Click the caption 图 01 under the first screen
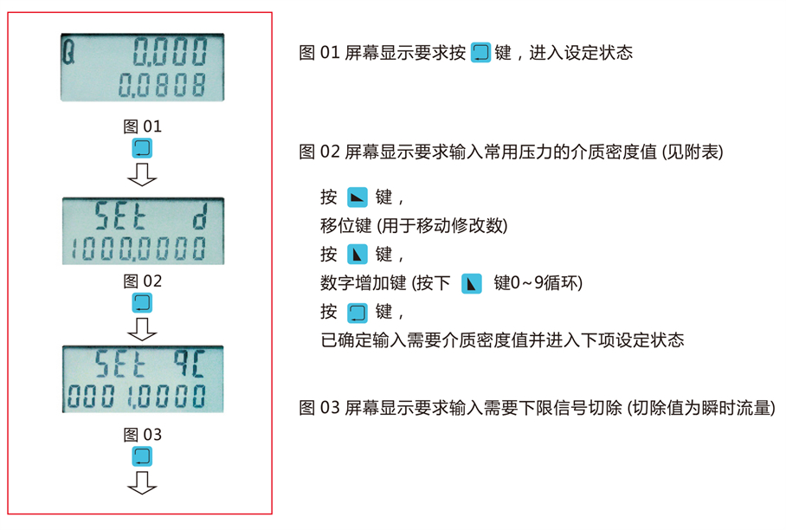(142, 126)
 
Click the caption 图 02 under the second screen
(142, 281)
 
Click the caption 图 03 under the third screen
(142, 434)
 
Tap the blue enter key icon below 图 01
(142, 148)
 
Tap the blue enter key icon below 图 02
(142, 302)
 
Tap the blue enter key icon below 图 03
(142, 456)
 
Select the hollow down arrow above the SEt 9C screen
(142, 329)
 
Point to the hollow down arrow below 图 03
(142, 483)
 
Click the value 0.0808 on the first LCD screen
(163, 85)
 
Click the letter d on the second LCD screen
(199, 217)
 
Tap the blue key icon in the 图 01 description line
(480, 53)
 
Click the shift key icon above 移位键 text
(357, 197)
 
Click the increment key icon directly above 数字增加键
(357, 255)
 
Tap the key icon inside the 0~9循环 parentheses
(471, 283)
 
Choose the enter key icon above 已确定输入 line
(357, 312)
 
